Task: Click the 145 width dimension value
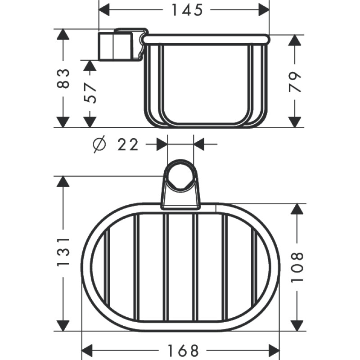pyautogui.click(x=187, y=10)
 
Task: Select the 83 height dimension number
pyautogui.click(x=63, y=78)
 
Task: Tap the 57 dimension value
pyautogui.click(x=90, y=94)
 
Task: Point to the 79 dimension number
pyautogui.click(x=294, y=82)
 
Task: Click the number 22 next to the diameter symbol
pyautogui.click(x=128, y=145)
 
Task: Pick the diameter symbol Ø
pyautogui.click(x=99, y=144)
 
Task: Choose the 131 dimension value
pyautogui.click(x=63, y=252)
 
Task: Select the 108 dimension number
pyautogui.click(x=297, y=267)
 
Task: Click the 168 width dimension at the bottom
pyautogui.click(x=183, y=351)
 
